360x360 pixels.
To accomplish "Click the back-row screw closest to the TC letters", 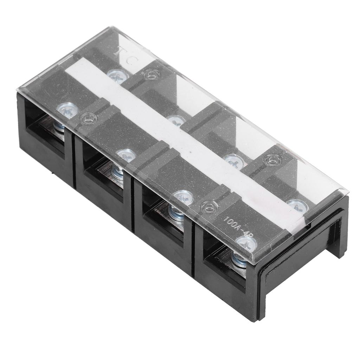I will coord(117,75).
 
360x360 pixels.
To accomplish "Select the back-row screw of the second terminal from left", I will coord(176,120).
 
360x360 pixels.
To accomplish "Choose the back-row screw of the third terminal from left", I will coord(234,160).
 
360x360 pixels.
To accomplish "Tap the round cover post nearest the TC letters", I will coord(152,74).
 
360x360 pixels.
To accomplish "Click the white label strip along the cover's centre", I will coord(183,141).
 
